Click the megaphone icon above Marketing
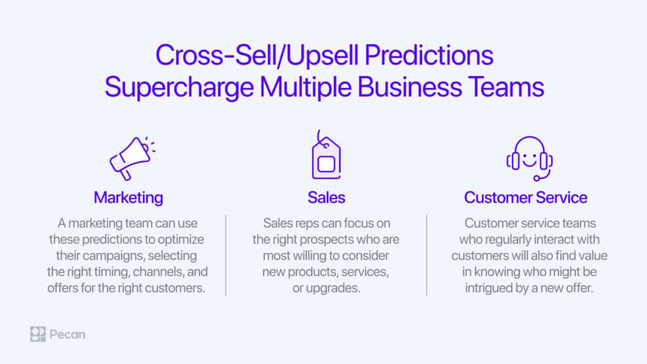(x=131, y=159)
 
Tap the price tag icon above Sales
(x=326, y=155)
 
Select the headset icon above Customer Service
(x=529, y=159)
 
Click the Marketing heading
(x=128, y=198)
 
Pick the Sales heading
(x=326, y=198)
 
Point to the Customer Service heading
(x=526, y=198)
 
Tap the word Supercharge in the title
(x=179, y=88)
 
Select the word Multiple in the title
(x=306, y=87)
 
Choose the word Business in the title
(x=409, y=87)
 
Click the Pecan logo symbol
(x=38, y=334)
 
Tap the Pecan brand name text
(x=67, y=334)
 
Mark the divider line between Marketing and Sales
(x=226, y=255)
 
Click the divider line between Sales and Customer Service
(x=426, y=255)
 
